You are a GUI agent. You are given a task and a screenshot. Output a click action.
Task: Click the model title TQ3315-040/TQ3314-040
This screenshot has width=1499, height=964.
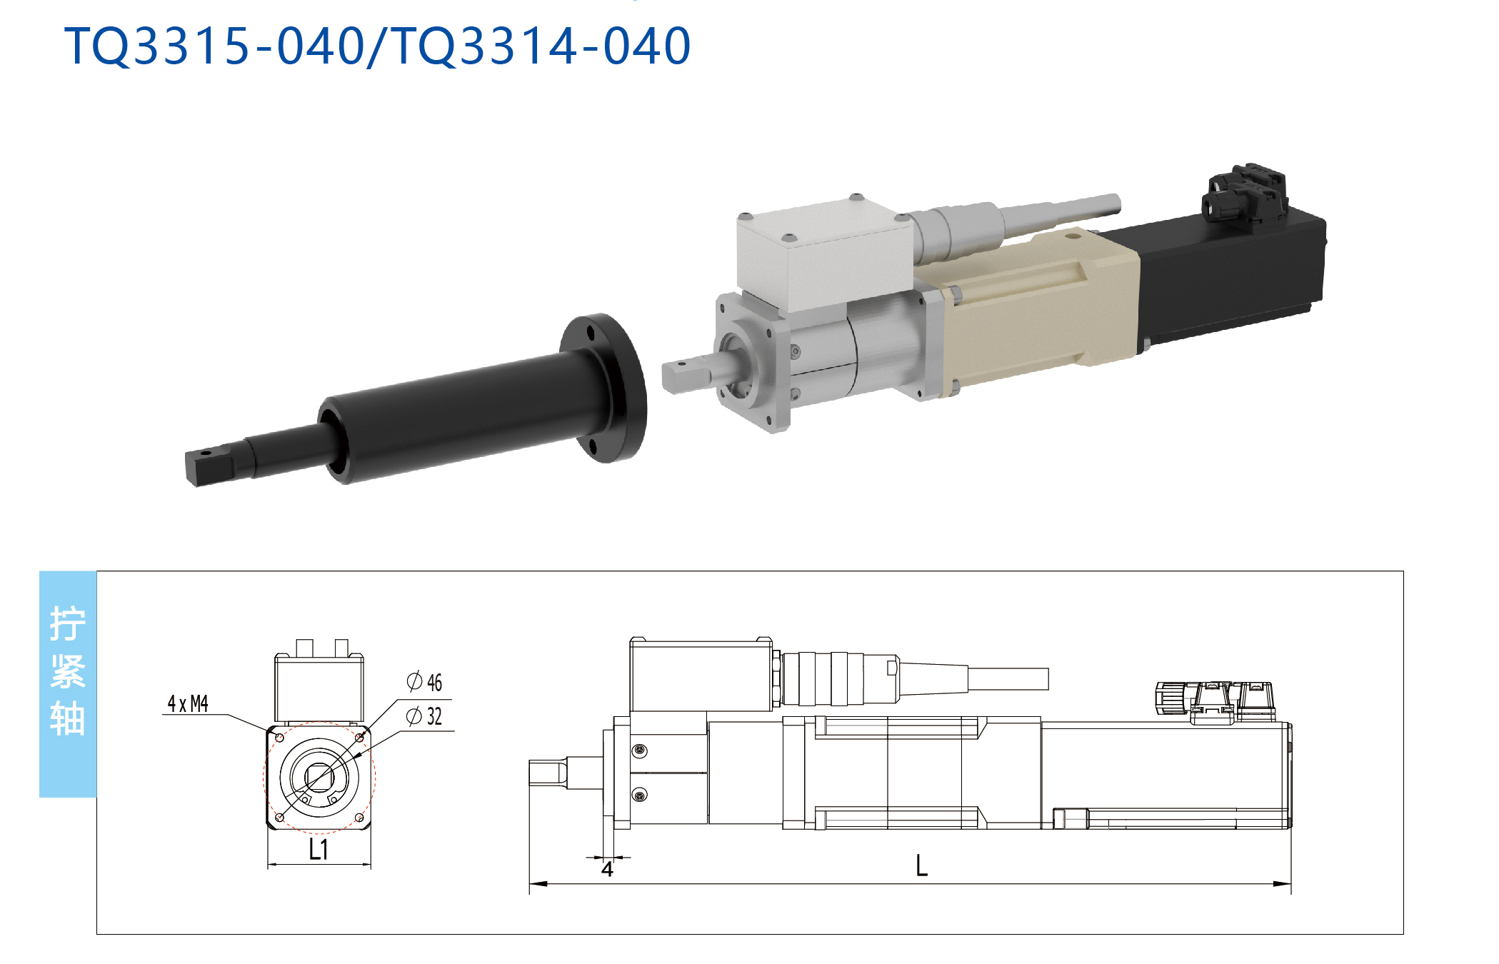click(378, 46)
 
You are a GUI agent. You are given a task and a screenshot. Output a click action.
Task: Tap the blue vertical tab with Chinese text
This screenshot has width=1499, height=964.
click(68, 683)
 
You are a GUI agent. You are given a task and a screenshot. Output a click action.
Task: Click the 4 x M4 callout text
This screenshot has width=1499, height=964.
click(188, 704)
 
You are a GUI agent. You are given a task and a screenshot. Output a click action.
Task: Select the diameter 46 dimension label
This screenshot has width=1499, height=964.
click(425, 682)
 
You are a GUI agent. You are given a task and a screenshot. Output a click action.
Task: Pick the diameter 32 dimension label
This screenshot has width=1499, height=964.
click(425, 716)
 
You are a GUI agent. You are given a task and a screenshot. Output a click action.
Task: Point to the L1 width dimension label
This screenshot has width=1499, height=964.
click(319, 850)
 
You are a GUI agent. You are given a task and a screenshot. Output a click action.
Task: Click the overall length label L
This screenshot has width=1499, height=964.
click(922, 865)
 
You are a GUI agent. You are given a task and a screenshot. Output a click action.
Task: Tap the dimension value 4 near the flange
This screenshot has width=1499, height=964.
click(607, 869)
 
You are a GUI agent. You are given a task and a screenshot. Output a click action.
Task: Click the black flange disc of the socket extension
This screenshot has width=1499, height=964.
click(606, 387)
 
